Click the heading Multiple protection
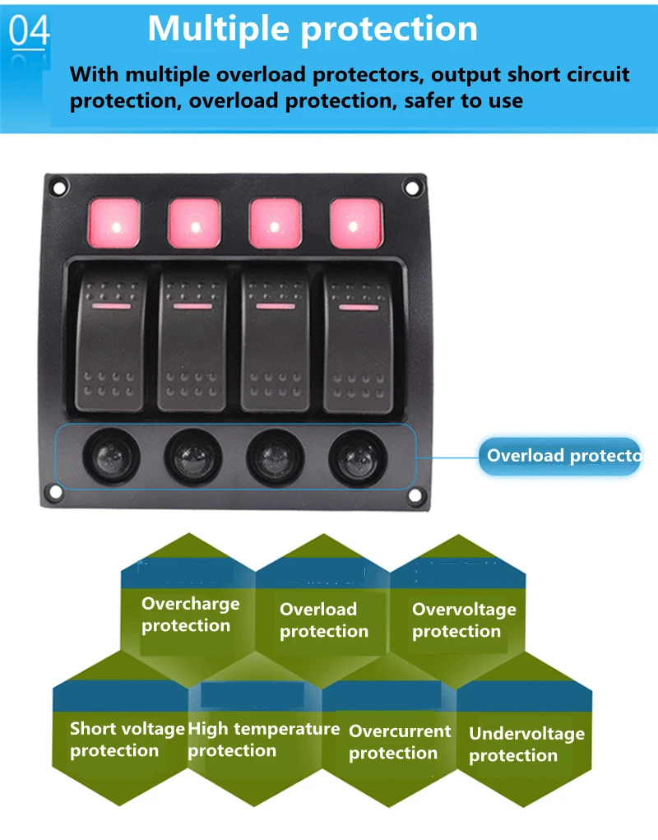(x=313, y=29)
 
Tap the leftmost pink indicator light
(x=114, y=223)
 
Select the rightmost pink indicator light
(x=356, y=223)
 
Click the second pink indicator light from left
(x=195, y=223)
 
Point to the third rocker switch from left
(x=276, y=341)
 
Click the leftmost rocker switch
(x=113, y=341)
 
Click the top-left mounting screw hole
(x=59, y=188)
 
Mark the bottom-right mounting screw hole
(x=415, y=495)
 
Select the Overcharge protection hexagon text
(x=190, y=615)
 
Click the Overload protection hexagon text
(x=323, y=620)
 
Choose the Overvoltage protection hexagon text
(x=464, y=620)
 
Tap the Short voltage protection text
(x=127, y=740)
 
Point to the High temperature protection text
(x=263, y=740)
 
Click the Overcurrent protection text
(x=400, y=742)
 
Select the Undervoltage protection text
(x=526, y=745)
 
